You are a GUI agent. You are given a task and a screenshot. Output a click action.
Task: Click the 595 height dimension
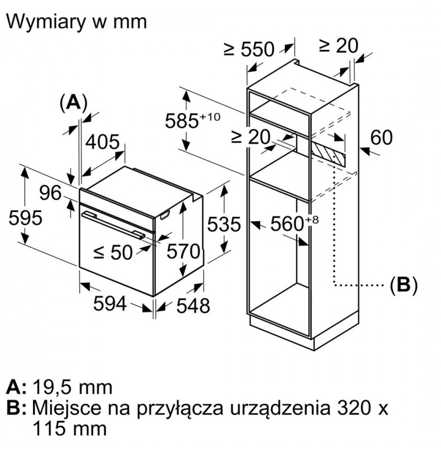[x=25, y=217]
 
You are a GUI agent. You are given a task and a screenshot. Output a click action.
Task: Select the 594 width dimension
[x=110, y=303]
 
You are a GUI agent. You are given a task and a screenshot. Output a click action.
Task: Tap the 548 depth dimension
[x=193, y=305]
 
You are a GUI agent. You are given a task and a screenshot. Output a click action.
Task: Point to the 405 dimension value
[x=103, y=142]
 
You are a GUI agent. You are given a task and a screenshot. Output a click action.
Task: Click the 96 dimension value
[x=50, y=193]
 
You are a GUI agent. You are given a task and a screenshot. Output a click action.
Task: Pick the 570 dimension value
[x=184, y=251]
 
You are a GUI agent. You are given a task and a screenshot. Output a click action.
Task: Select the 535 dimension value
[x=224, y=224]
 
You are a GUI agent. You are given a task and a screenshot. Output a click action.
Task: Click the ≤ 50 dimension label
[x=113, y=252]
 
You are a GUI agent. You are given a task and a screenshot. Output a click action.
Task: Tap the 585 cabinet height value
[x=182, y=121]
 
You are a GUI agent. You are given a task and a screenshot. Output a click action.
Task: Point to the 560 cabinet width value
[x=287, y=223]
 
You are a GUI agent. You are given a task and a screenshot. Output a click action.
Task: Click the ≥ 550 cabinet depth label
[x=249, y=49]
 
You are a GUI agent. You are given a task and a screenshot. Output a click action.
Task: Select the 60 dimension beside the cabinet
[x=381, y=137]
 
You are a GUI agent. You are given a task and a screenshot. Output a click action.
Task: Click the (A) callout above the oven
[x=73, y=102]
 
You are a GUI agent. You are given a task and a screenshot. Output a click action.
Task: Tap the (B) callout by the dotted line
[x=404, y=285]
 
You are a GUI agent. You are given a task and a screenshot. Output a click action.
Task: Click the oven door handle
[x=113, y=225]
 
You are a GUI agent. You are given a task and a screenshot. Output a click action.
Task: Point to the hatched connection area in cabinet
[x=328, y=152]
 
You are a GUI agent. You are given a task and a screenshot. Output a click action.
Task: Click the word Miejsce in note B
[x=67, y=408]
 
